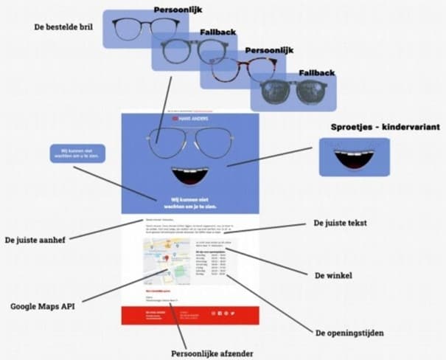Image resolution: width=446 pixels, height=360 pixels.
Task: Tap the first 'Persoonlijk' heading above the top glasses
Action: pos(178,10)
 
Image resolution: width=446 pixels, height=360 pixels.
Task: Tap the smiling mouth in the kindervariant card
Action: pos(354,157)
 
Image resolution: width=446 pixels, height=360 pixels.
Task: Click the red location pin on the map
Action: pos(165,257)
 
